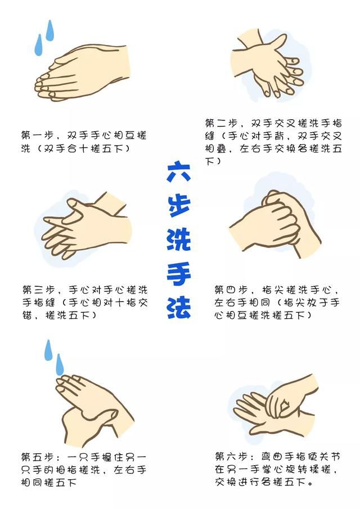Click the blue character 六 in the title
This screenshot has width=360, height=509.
click(x=179, y=171)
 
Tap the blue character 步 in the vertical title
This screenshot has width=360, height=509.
click(x=179, y=205)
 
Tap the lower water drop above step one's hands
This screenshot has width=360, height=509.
click(x=38, y=46)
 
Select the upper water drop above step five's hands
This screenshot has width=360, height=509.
click(x=48, y=350)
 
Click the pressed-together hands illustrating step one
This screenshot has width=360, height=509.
click(x=82, y=73)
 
